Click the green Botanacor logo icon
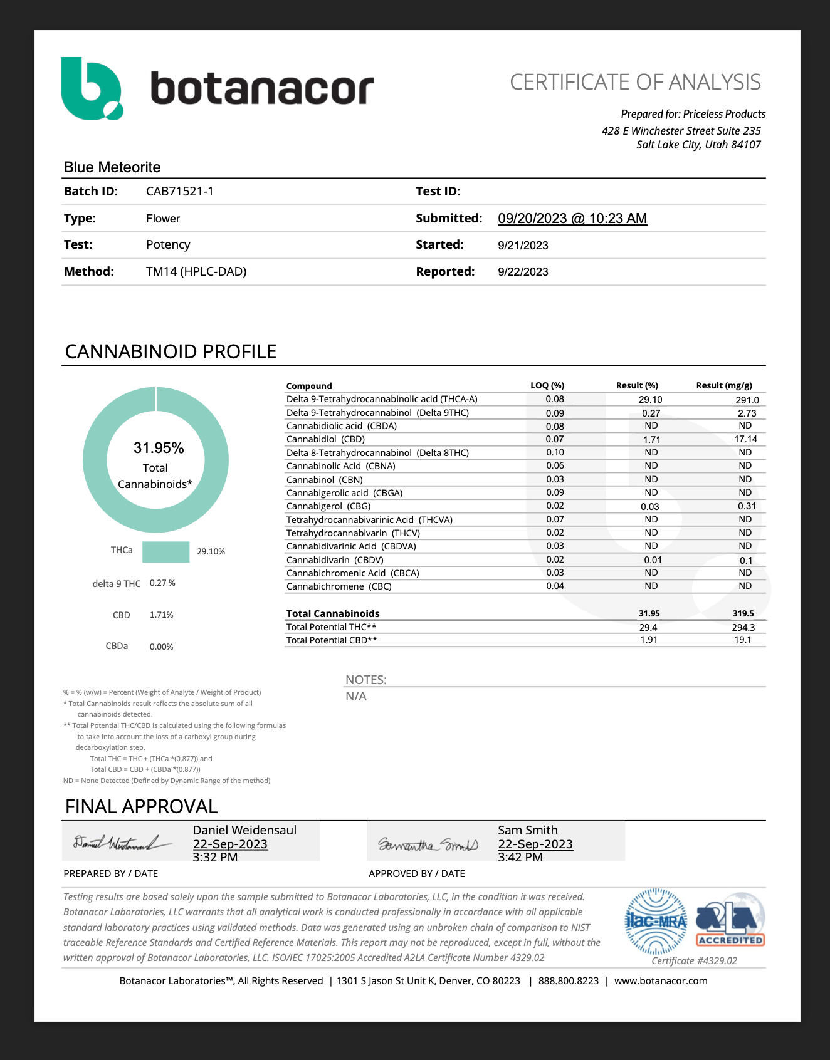click(92, 88)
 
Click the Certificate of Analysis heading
click(635, 82)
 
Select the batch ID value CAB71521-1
click(179, 192)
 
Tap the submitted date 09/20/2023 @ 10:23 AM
click(572, 219)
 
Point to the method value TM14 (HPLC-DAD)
click(196, 272)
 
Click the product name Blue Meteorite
click(112, 167)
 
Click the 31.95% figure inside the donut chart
click(159, 448)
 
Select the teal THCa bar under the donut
click(165, 552)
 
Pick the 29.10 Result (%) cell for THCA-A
click(650, 400)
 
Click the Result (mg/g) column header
click(723, 386)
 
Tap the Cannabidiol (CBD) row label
click(325, 439)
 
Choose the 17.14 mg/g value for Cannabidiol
click(745, 439)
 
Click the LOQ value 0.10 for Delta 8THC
click(555, 452)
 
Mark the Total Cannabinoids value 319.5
click(743, 614)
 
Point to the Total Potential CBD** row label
click(332, 640)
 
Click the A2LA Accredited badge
click(730, 920)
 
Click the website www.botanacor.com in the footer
click(660, 981)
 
